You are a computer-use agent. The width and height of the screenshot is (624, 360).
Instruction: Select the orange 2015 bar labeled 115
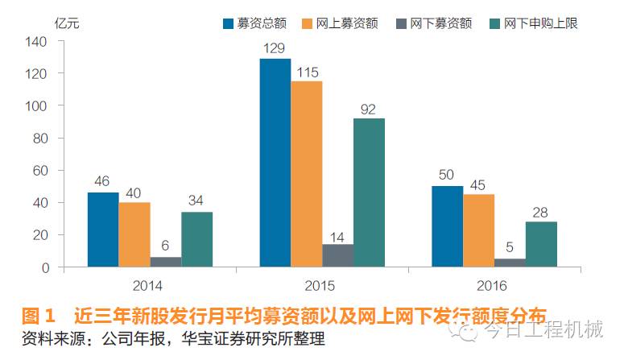[x=306, y=174]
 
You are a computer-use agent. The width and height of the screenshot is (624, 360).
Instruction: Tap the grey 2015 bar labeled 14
[x=337, y=255]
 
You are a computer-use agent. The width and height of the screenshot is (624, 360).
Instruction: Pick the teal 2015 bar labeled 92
[x=369, y=192]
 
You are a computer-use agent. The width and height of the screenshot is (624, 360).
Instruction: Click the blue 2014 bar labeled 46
[x=103, y=230]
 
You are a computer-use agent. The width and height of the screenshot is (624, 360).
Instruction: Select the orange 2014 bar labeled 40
[x=134, y=234]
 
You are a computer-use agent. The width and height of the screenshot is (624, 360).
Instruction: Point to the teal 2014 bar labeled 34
[x=196, y=239]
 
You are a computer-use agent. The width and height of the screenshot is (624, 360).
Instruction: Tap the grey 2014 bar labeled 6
[x=166, y=262]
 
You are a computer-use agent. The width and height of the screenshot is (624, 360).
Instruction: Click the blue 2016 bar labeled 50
[x=447, y=226]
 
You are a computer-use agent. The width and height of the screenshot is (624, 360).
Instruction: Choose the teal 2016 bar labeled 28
[x=541, y=244]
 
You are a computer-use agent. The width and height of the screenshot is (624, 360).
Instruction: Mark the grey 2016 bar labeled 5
[x=510, y=263]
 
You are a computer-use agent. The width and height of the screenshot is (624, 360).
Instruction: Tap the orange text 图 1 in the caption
[x=37, y=315]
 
